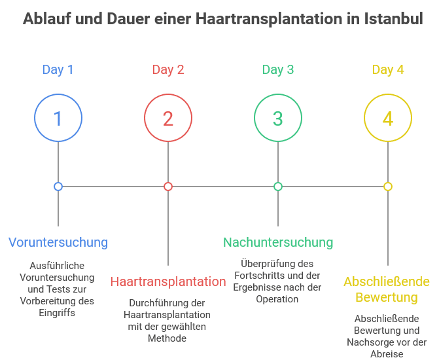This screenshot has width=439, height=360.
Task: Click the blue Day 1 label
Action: tap(58, 70)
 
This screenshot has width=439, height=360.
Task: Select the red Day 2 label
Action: tap(168, 70)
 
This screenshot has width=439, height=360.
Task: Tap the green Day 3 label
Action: tap(278, 70)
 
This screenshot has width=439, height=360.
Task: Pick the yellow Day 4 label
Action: tap(388, 70)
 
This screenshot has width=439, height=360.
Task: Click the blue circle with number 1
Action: tap(58, 118)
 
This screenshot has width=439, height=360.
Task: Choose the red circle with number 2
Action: tap(168, 118)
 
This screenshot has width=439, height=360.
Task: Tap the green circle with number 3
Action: tap(278, 118)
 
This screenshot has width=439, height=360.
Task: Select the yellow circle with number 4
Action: tap(388, 118)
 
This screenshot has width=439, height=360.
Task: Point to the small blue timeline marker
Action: tap(58, 187)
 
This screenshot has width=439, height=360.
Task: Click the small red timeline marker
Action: tap(168, 187)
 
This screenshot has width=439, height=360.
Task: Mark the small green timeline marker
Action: tap(278, 187)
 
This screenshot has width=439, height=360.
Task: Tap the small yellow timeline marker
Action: tap(388, 187)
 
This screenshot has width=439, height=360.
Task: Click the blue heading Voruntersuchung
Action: tap(58, 242)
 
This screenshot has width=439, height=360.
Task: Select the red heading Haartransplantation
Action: tap(168, 282)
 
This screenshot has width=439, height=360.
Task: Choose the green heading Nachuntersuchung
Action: tap(278, 242)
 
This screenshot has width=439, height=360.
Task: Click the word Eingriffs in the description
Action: tap(58, 313)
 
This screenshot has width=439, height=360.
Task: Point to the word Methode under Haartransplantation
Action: tap(168, 338)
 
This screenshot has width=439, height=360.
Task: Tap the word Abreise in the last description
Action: tap(387, 354)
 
